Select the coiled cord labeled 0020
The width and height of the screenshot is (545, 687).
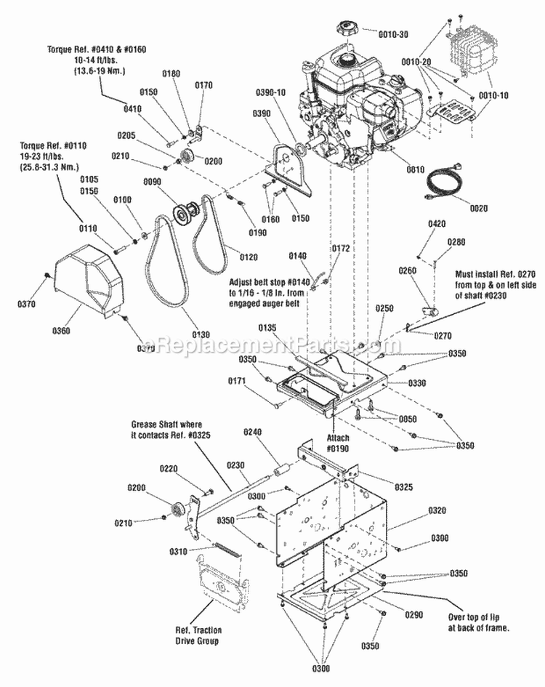[442, 180]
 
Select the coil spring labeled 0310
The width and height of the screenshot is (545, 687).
[216, 550]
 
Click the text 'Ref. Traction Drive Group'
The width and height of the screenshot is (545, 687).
[198, 635]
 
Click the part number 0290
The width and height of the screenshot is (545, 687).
[413, 614]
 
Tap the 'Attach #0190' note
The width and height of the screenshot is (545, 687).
[338, 443]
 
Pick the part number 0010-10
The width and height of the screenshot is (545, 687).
[496, 95]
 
